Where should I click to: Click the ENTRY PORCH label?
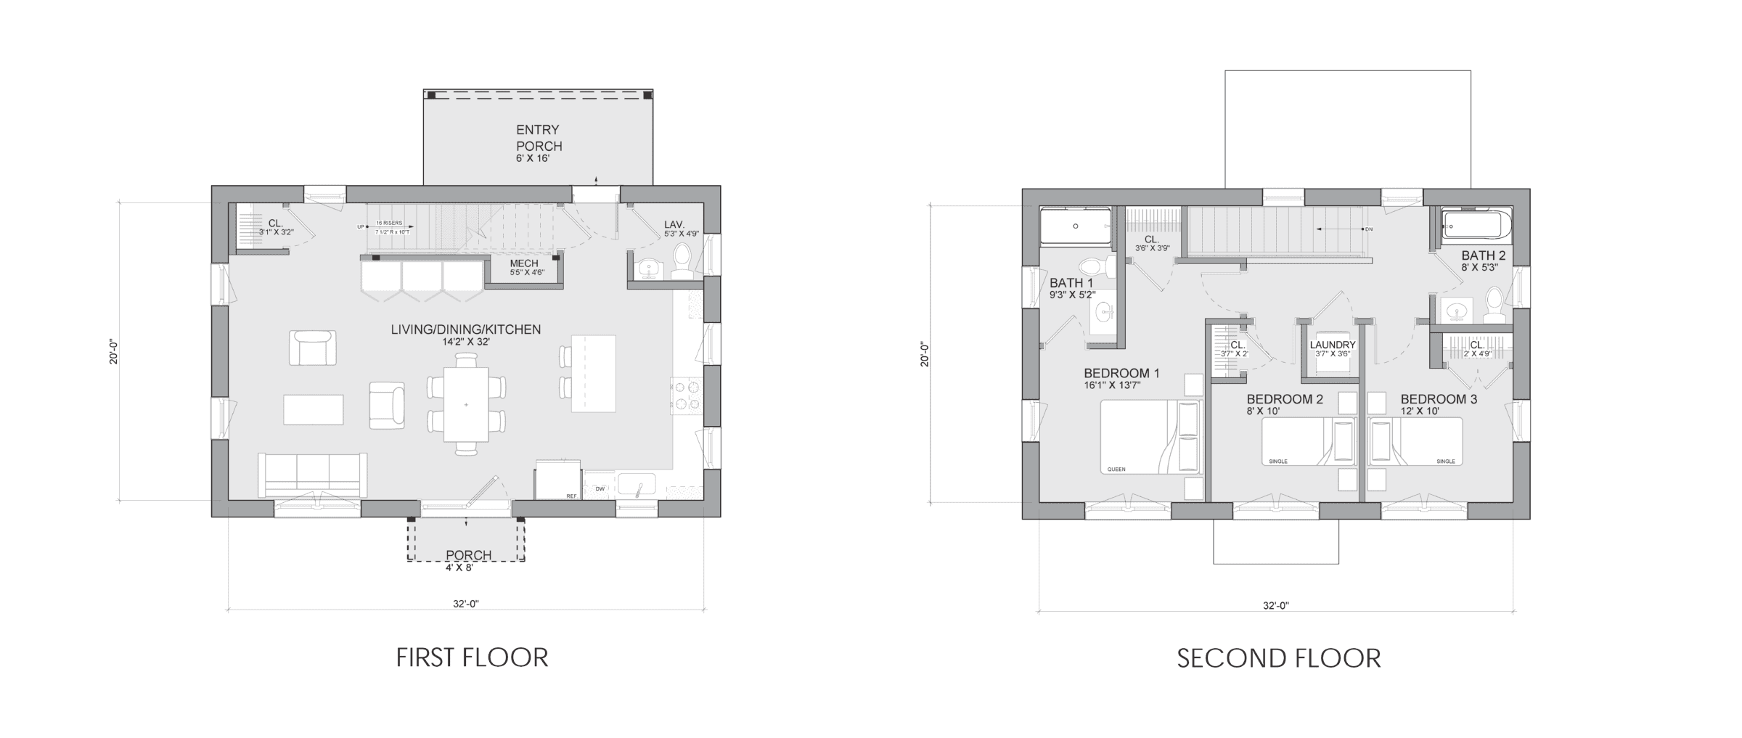[x=538, y=138]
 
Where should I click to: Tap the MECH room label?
[x=523, y=263]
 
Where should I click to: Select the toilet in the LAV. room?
[x=682, y=261]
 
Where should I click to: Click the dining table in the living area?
[x=466, y=403]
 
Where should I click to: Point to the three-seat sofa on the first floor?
[x=313, y=475]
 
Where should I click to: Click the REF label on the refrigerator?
[x=571, y=496]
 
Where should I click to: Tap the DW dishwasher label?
[x=600, y=489]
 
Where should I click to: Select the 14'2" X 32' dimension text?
[x=465, y=341]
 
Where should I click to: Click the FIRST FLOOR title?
[x=472, y=657]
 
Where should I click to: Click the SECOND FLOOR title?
[x=1278, y=658]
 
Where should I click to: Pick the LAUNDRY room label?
[x=1333, y=345]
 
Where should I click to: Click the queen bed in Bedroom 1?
[x=1150, y=437]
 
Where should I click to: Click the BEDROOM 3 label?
[x=1439, y=399]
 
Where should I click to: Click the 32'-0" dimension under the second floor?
[x=1276, y=605]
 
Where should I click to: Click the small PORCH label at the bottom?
[x=468, y=555]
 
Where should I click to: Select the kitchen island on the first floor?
[x=593, y=373]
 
